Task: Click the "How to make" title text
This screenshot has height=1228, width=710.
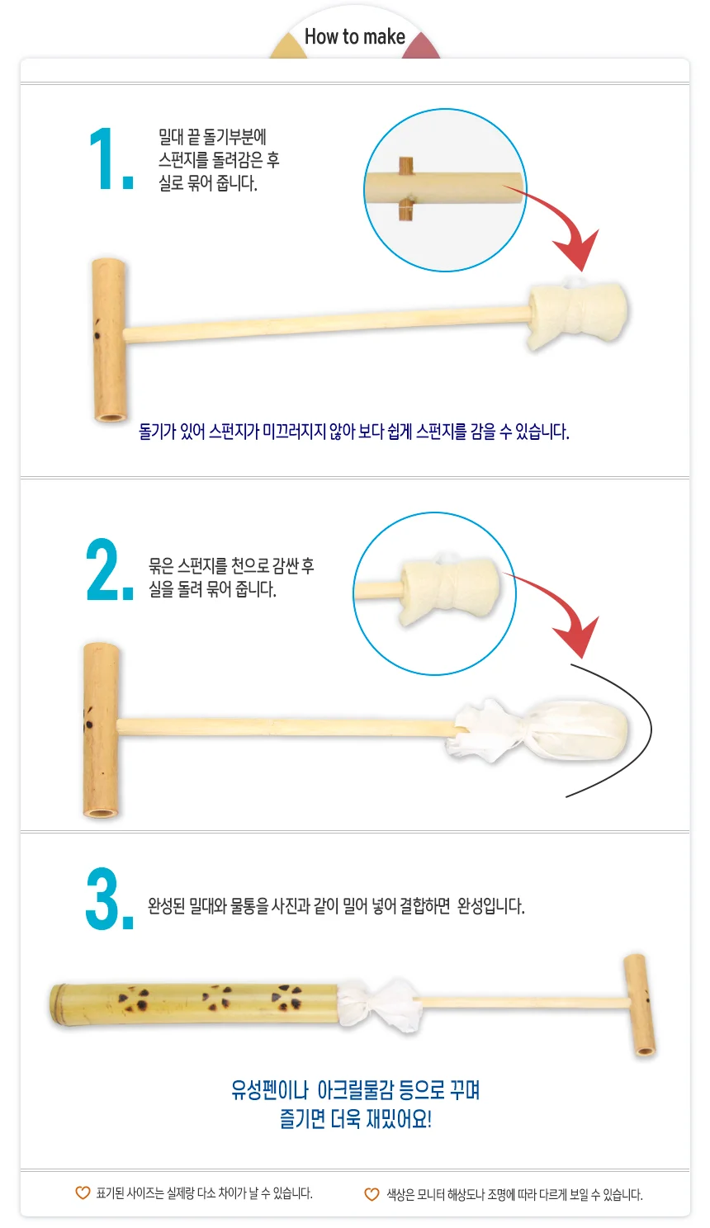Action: point(355,37)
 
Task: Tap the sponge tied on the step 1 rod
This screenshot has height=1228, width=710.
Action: point(577,314)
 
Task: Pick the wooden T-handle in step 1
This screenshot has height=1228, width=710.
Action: point(110,340)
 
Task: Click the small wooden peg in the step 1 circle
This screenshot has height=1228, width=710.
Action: point(405,189)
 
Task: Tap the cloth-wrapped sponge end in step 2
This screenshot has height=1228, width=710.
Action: point(540,730)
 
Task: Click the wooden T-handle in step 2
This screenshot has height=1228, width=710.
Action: point(102,730)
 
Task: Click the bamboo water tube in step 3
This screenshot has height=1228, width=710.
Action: point(195,1004)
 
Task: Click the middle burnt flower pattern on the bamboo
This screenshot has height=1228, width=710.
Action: point(217,998)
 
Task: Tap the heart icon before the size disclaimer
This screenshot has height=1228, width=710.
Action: point(83,1193)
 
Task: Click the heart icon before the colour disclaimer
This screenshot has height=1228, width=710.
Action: point(372,1194)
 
